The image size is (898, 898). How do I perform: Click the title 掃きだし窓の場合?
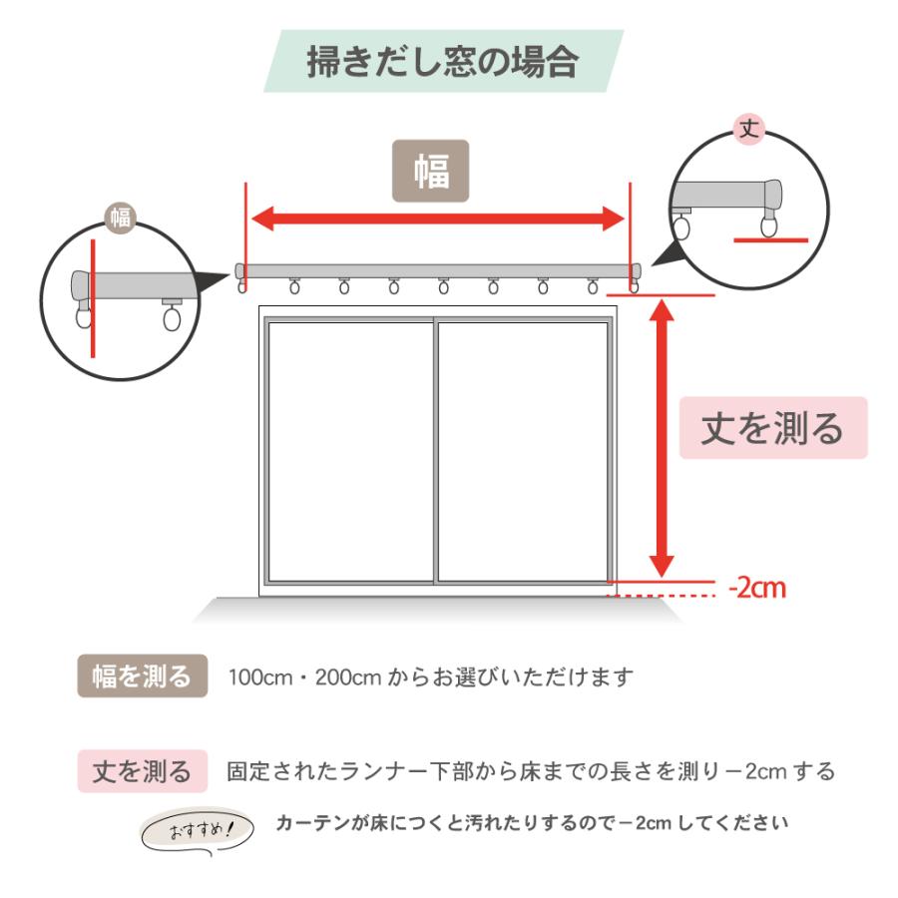coord(443,61)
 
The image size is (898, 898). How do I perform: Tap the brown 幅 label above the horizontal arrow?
coord(430,171)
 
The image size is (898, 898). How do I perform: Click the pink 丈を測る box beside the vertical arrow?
coord(773,428)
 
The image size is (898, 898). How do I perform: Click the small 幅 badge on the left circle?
coord(121,218)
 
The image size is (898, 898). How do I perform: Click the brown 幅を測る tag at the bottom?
coord(142,677)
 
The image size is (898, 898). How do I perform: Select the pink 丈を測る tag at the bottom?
coord(142,771)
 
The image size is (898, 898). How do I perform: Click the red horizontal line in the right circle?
coord(770,240)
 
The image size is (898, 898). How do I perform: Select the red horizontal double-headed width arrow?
coord(437,219)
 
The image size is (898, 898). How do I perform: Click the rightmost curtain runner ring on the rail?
coord(634,287)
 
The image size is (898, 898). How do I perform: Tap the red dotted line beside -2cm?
coord(663,596)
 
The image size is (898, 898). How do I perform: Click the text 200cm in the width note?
coord(348,677)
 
